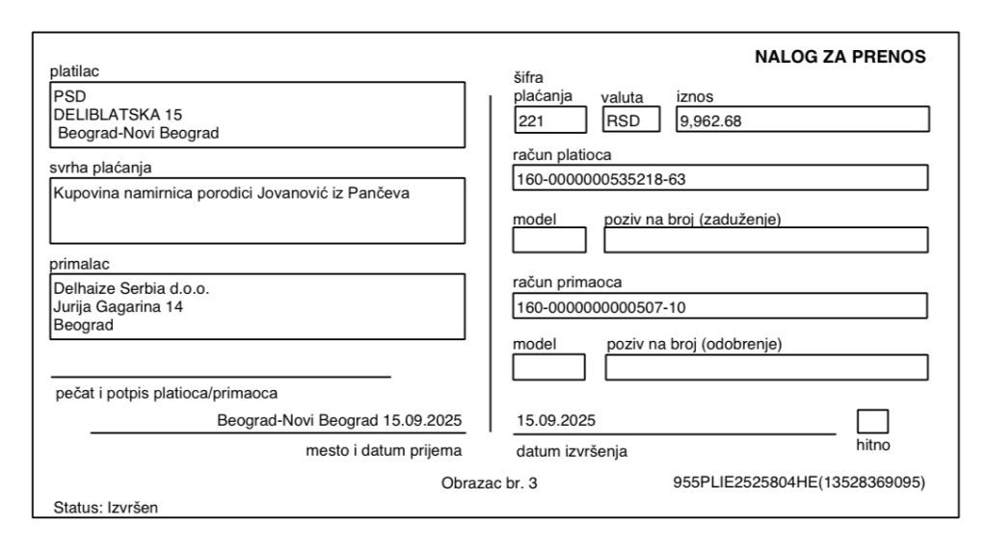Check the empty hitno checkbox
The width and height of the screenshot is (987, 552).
872,422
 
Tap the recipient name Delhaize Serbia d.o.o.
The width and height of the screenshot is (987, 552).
130,289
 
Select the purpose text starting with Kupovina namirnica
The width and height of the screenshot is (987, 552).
230,195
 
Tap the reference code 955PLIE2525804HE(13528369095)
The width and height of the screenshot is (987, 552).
799,483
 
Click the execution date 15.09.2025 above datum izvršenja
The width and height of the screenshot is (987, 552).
557,420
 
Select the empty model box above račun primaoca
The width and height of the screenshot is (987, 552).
548,239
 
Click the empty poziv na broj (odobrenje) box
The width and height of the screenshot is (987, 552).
766,368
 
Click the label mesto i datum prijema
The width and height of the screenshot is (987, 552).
384,450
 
